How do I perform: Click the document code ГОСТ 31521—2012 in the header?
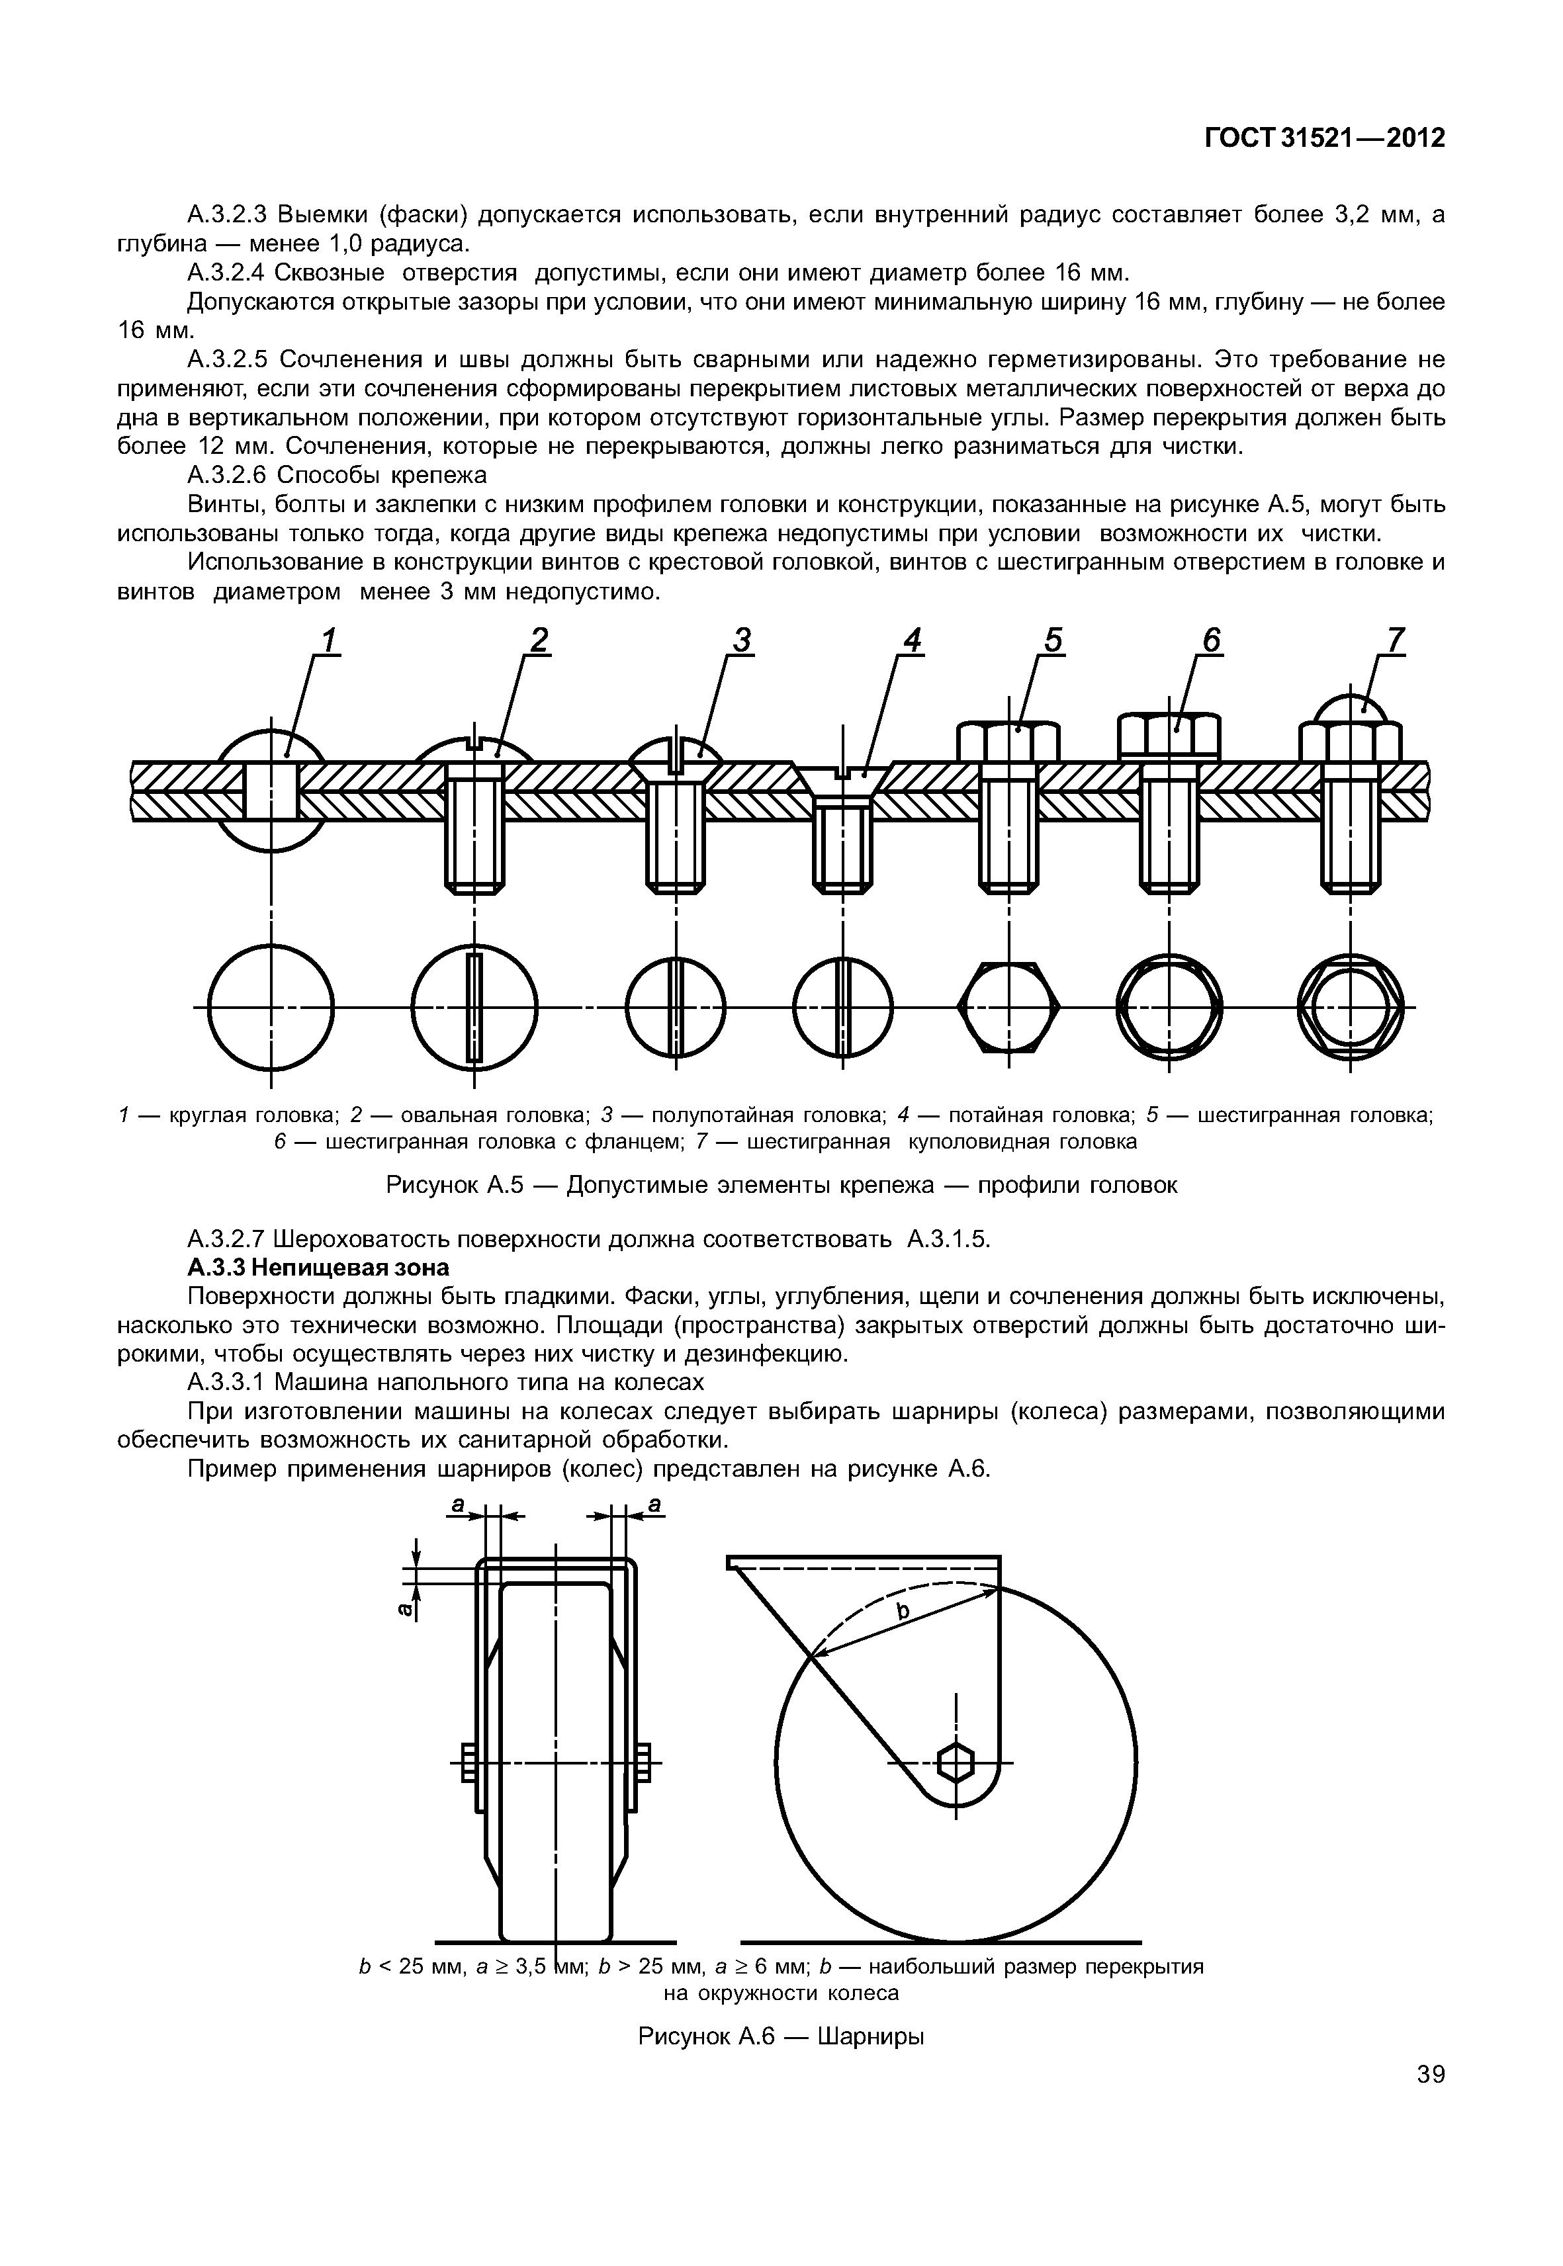1324,138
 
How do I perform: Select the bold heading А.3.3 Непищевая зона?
318,1267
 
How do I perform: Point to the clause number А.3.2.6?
226,476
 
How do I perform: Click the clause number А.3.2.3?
226,214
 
